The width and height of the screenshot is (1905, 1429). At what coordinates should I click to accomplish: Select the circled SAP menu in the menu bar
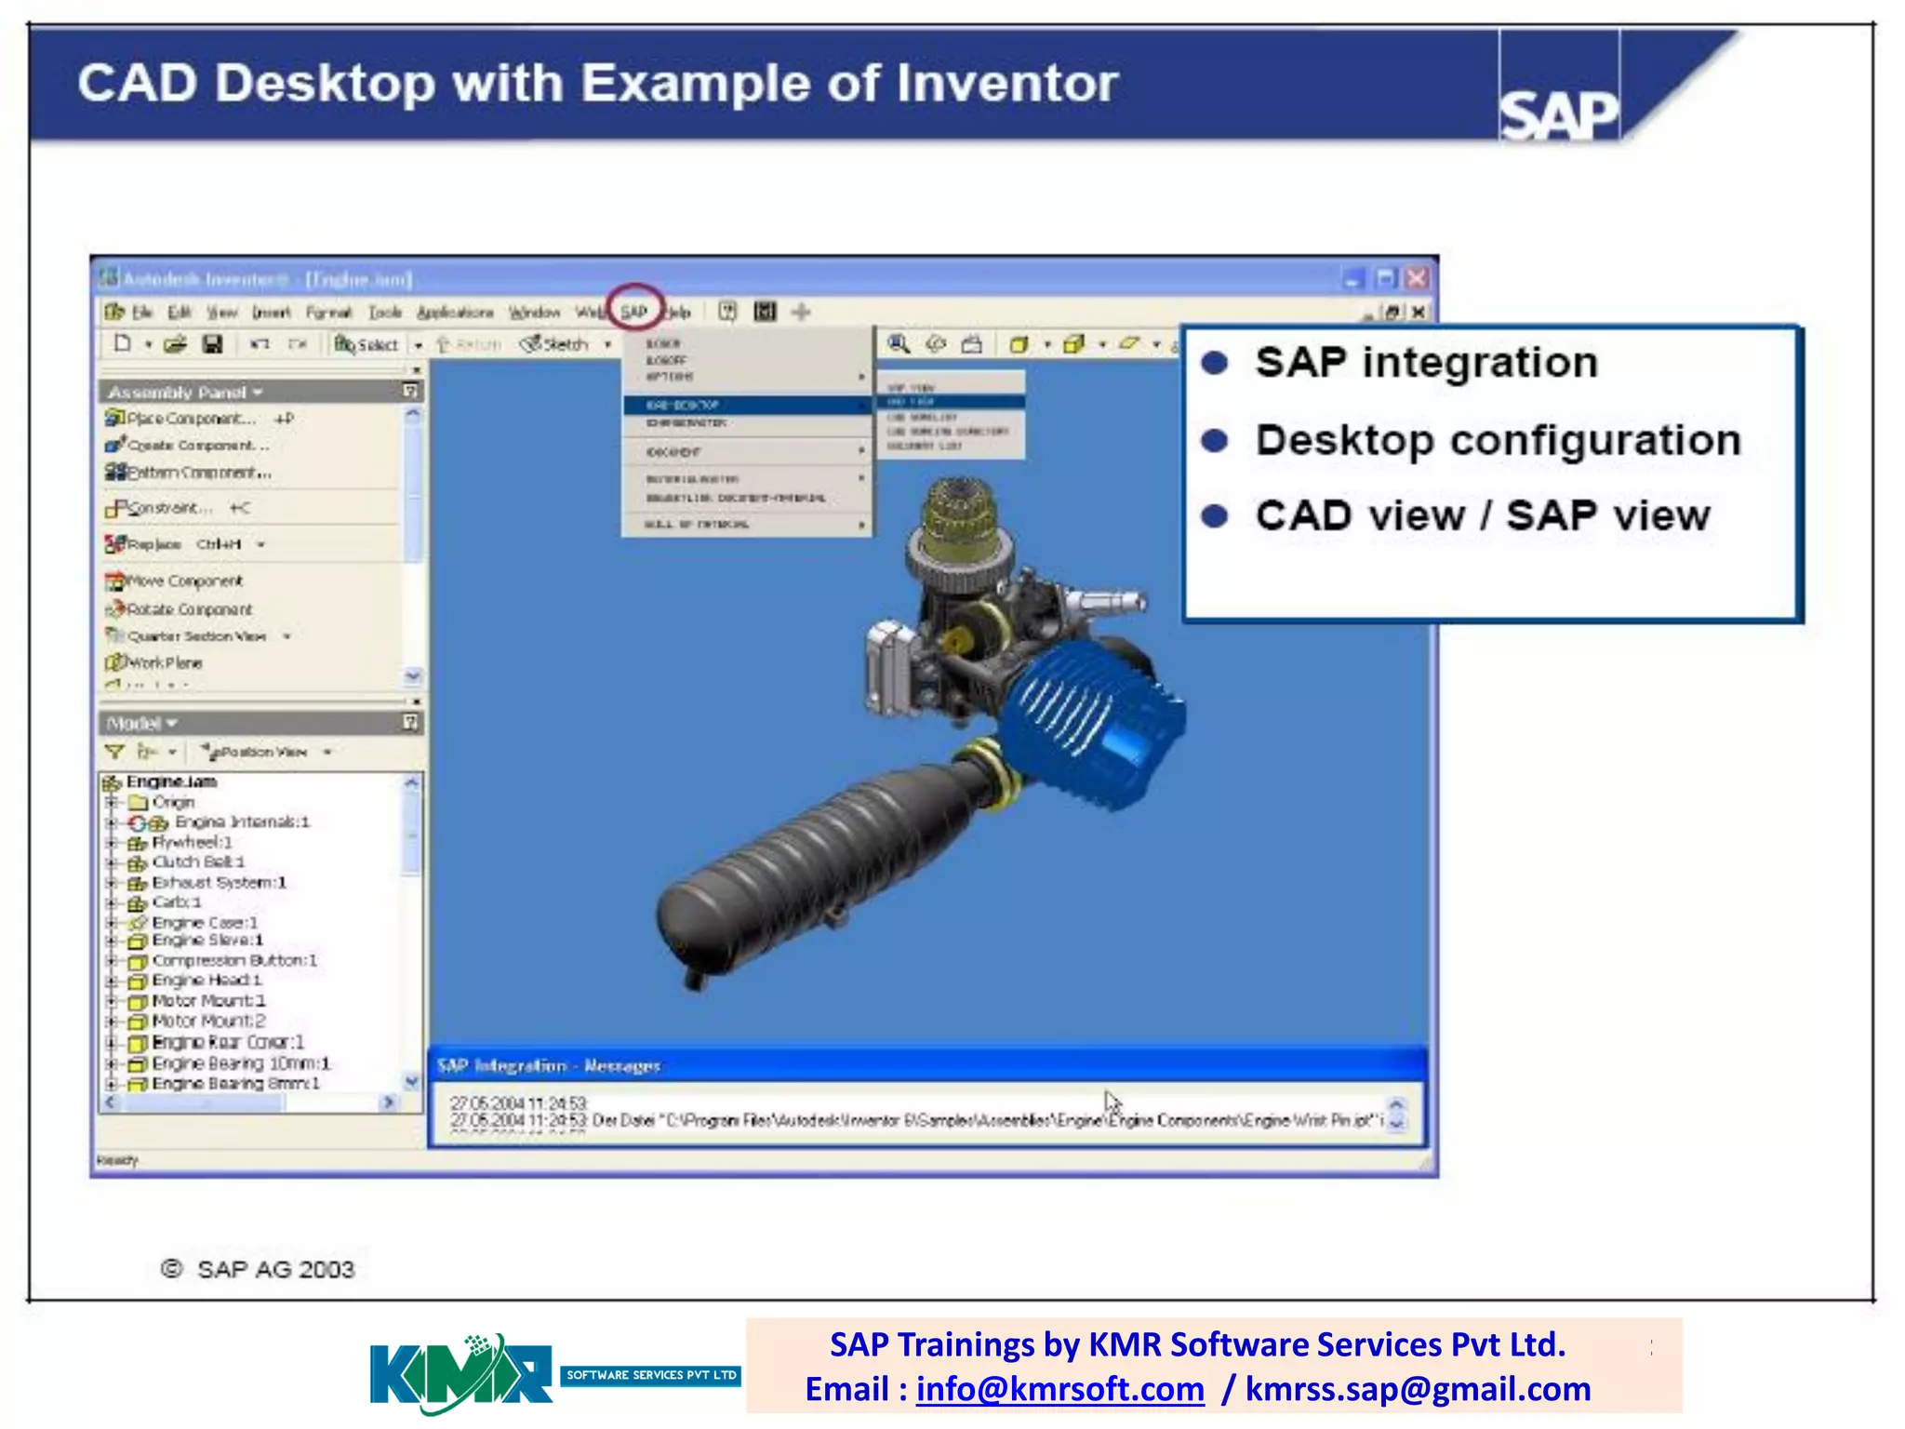point(634,312)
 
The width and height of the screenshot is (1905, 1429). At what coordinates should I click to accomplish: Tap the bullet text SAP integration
point(1425,363)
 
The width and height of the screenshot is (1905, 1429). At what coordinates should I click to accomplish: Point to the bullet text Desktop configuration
point(1497,440)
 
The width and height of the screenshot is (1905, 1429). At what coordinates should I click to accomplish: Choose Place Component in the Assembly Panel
point(191,419)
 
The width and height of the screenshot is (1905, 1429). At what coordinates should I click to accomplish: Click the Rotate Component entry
point(189,609)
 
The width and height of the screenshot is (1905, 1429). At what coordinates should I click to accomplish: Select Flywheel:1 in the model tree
point(191,842)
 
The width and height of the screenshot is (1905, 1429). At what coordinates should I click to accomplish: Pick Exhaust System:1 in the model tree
point(218,882)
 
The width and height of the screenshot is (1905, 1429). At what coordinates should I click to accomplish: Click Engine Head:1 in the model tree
point(206,980)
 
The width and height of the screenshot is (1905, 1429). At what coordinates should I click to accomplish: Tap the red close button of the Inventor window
point(1417,278)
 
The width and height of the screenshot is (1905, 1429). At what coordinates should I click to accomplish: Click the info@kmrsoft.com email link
point(1059,1389)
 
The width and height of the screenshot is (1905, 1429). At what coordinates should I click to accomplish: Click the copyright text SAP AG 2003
point(274,1270)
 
